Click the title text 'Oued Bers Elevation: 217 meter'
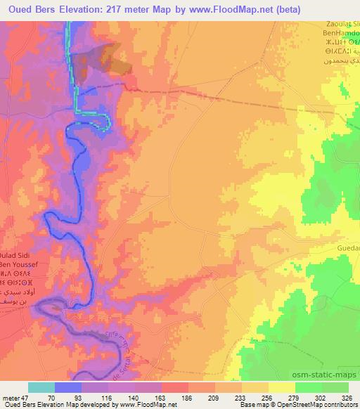pyautogui.click(x=80, y=8)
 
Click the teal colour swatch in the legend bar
pyautogui.click(x=41, y=387)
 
